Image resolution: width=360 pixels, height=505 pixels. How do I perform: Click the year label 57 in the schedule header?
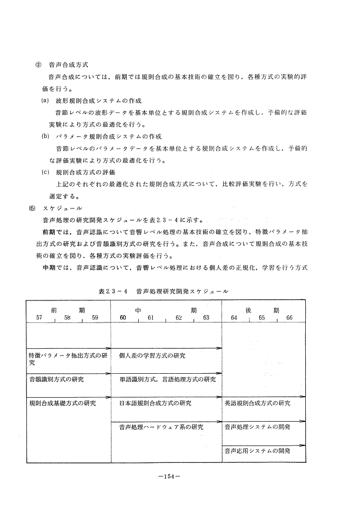39,318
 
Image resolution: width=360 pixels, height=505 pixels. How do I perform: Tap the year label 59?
95,318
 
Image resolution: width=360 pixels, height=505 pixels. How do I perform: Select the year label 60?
123,318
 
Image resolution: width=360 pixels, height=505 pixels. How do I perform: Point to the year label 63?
206,318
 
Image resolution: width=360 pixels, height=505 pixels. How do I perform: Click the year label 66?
289,318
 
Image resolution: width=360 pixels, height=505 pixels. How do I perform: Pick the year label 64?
234,318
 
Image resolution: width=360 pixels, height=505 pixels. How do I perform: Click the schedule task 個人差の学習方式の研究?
152,356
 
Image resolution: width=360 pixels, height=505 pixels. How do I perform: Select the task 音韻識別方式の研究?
57,379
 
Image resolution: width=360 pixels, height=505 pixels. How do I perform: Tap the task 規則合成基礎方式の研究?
62,403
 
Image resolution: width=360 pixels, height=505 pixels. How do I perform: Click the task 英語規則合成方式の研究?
257,403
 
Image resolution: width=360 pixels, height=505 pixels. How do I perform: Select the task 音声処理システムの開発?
257,426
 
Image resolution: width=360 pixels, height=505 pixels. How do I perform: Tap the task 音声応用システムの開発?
257,451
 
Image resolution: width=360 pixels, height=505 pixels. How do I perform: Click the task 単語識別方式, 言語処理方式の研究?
168,379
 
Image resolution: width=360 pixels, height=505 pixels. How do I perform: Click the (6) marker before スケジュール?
32,208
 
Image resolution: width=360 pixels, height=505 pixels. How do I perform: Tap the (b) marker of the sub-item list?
46,136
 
